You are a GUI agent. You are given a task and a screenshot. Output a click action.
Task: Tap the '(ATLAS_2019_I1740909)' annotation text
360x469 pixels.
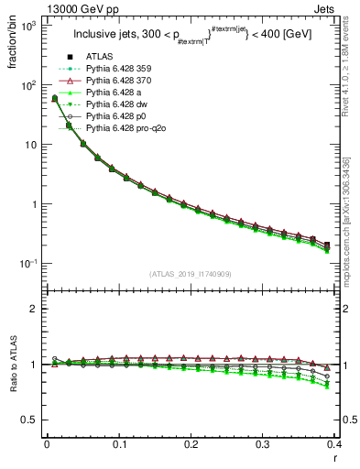pyautogui.click(x=190, y=274)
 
